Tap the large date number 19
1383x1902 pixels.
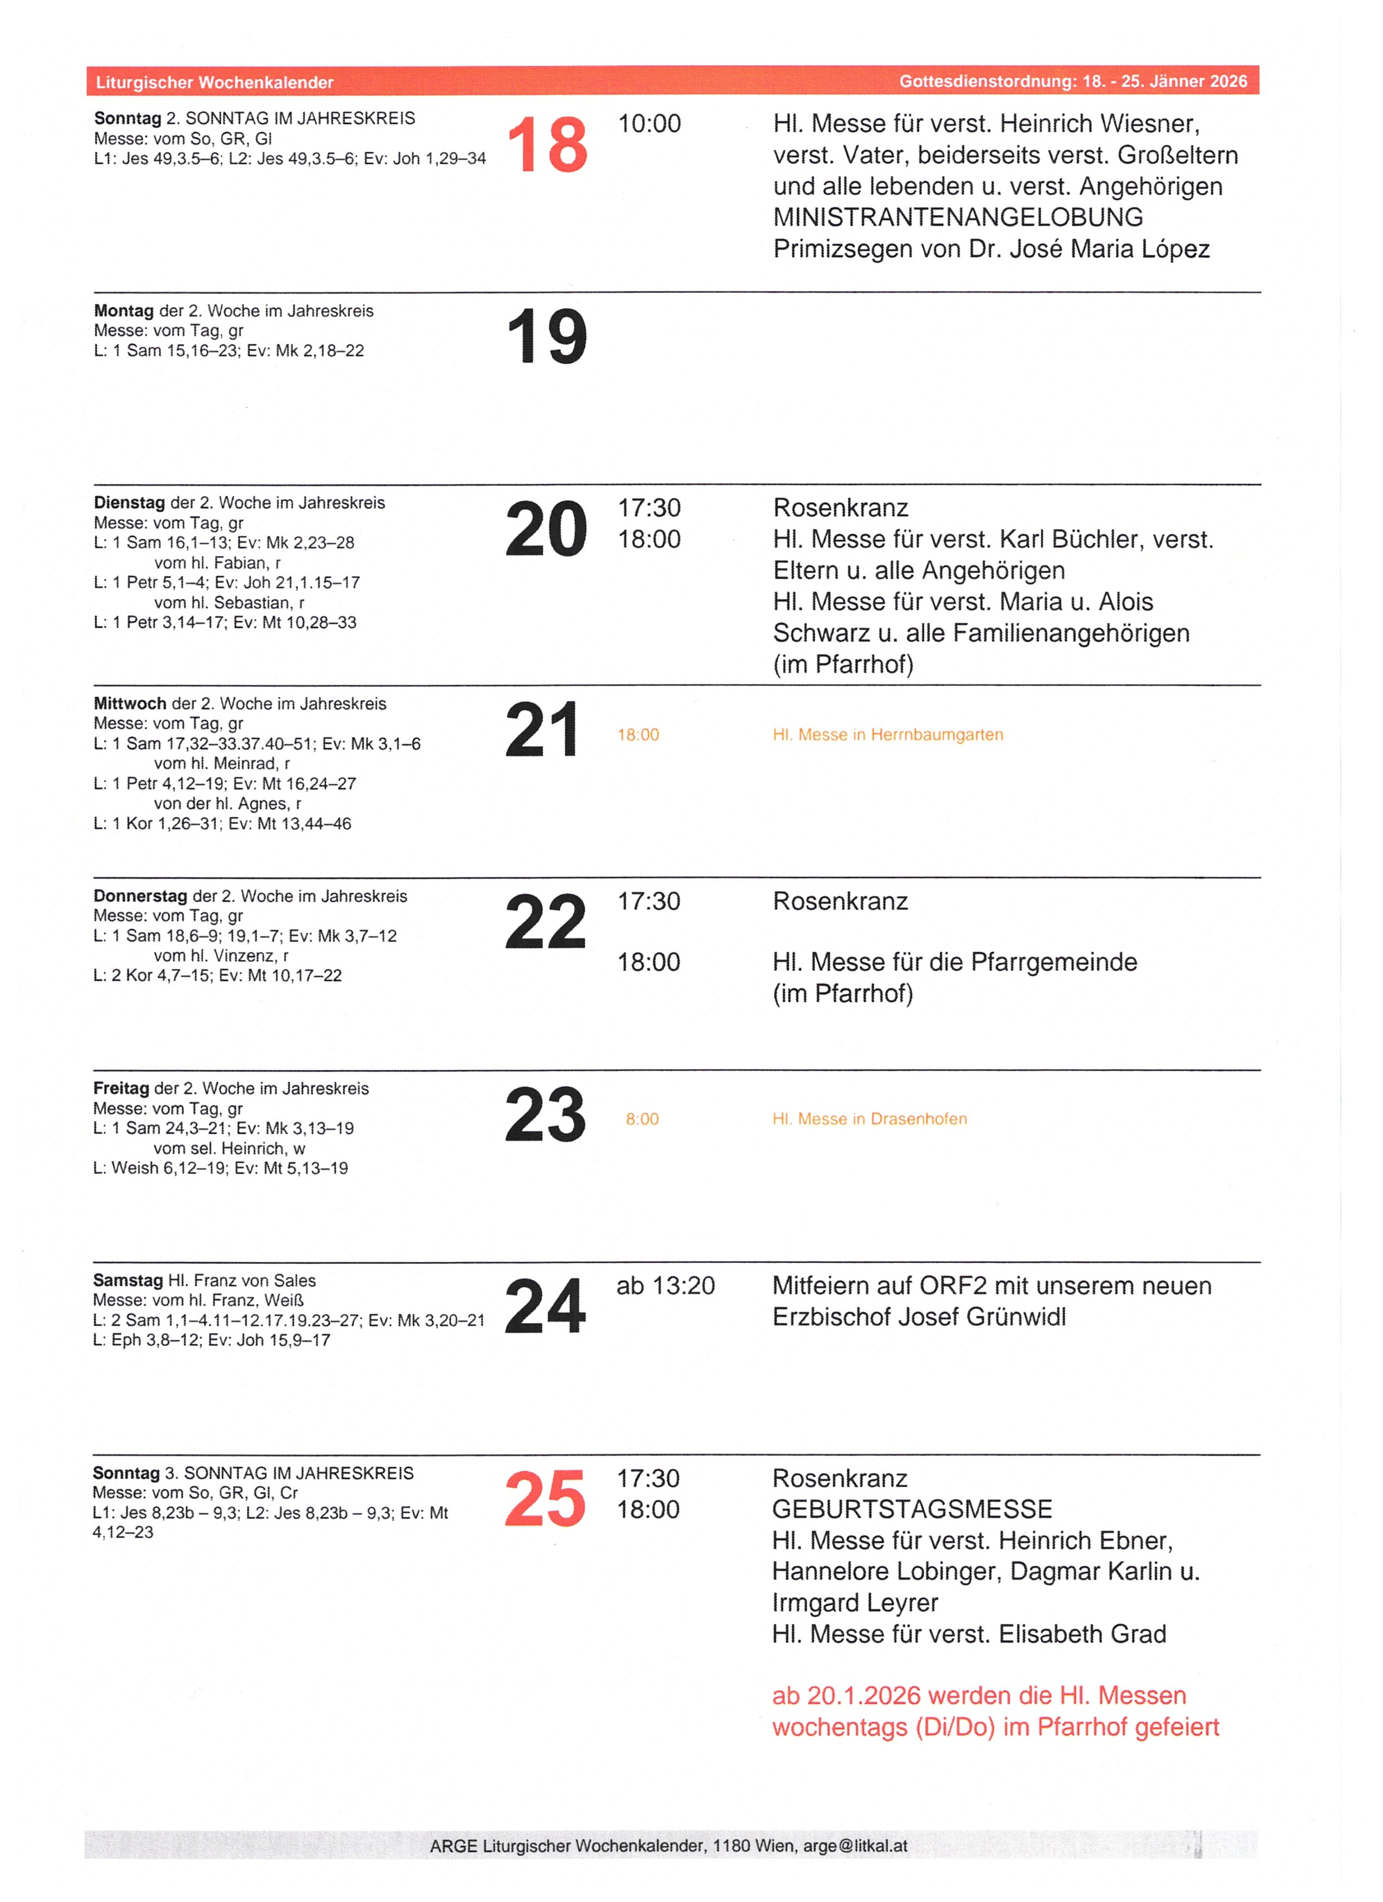point(547,336)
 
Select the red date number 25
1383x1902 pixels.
point(545,1498)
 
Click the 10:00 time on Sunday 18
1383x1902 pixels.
point(649,124)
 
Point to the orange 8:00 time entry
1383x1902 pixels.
point(642,1119)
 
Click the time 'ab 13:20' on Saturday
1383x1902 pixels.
point(665,1285)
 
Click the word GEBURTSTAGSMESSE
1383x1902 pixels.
point(912,1509)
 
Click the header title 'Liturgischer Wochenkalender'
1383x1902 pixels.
point(215,82)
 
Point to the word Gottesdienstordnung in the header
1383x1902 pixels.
point(987,81)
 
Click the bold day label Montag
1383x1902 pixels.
point(123,311)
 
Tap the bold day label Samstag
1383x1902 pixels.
point(127,1280)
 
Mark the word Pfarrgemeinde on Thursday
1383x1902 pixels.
point(1053,962)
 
